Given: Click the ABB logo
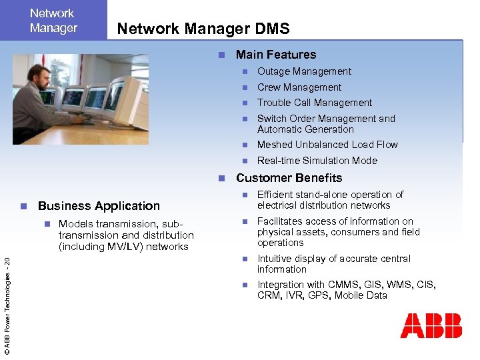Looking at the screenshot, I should [x=431, y=325].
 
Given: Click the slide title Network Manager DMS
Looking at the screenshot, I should [x=203, y=29].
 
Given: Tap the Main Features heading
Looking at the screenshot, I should [x=276, y=55].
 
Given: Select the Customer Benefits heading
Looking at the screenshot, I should [x=289, y=178].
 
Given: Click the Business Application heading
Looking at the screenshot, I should [x=99, y=206].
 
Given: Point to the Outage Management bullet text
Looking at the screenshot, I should [x=304, y=71].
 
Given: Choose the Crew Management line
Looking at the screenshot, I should [x=299, y=87].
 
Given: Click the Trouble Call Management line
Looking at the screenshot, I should [x=315, y=103].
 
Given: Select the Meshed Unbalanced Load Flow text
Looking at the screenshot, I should [x=327, y=145].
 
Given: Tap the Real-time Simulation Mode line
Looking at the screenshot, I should [x=317, y=161].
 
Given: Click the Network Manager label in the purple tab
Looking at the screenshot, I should [x=53, y=21].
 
